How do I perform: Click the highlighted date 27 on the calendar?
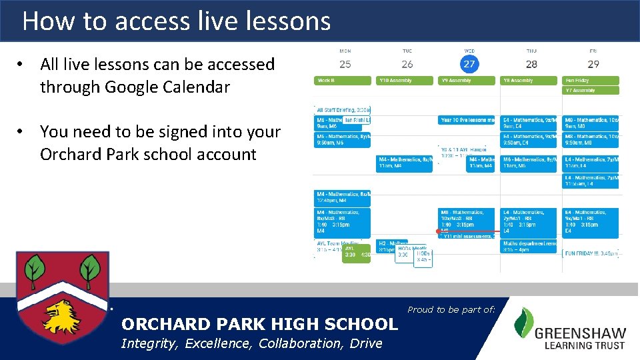469,64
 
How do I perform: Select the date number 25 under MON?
345,64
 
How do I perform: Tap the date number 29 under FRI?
593,64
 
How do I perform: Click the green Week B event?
342,81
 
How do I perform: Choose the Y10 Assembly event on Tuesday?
404,81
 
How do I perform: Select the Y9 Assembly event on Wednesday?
467,81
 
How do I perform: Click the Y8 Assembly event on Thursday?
528,81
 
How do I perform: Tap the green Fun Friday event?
591,81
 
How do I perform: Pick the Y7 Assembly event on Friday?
591,90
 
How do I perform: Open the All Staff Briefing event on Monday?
342,109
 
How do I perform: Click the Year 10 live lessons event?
467,120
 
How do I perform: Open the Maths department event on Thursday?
528,246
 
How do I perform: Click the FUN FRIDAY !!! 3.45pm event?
591,254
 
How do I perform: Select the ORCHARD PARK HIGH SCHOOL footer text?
259,325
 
